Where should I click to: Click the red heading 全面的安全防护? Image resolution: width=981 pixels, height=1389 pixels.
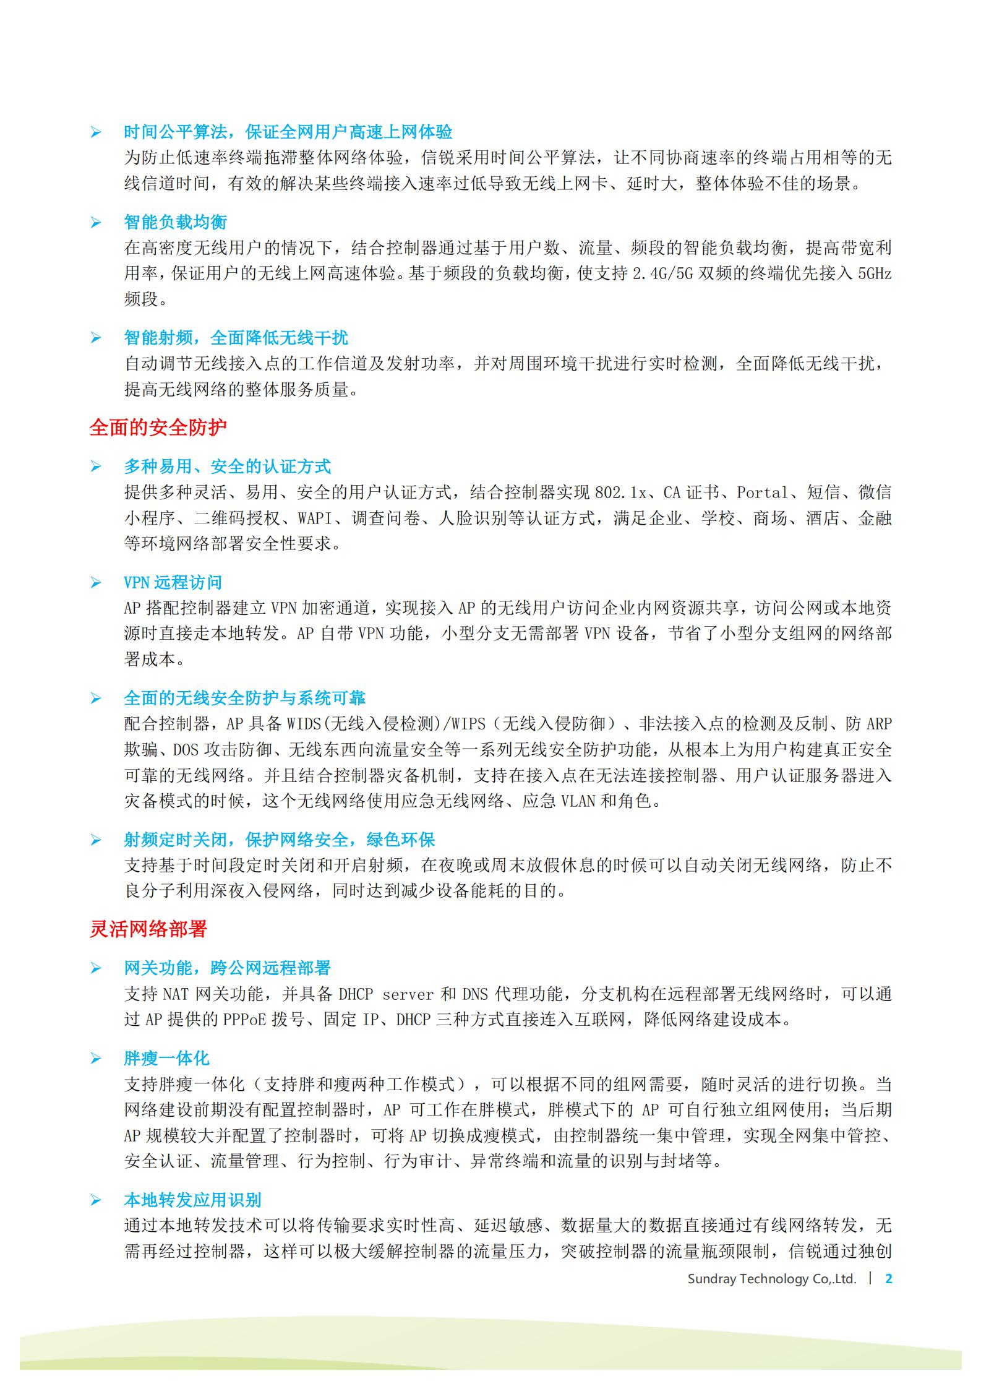[x=158, y=428]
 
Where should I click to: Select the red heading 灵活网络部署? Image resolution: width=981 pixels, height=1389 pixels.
[x=148, y=929]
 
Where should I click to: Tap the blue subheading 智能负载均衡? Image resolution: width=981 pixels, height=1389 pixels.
[x=175, y=222]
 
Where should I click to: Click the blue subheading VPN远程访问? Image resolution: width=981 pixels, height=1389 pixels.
[x=173, y=582]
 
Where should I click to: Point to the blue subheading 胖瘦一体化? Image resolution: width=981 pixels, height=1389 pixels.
[x=166, y=1059]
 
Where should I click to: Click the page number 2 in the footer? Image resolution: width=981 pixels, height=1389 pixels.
[x=889, y=1278]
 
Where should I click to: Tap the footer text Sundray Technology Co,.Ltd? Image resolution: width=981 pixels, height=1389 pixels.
[x=771, y=1279]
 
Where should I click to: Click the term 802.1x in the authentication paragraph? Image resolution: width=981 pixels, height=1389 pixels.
[x=620, y=492]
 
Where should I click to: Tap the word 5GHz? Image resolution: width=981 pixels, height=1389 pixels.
[x=875, y=273]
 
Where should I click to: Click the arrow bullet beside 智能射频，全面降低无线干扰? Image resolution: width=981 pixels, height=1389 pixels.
[x=95, y=338]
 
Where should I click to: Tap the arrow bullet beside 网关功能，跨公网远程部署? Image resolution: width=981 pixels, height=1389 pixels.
[x=95, y=968]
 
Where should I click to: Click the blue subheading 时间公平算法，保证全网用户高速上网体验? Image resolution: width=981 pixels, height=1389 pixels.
[x=288, y=132]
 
